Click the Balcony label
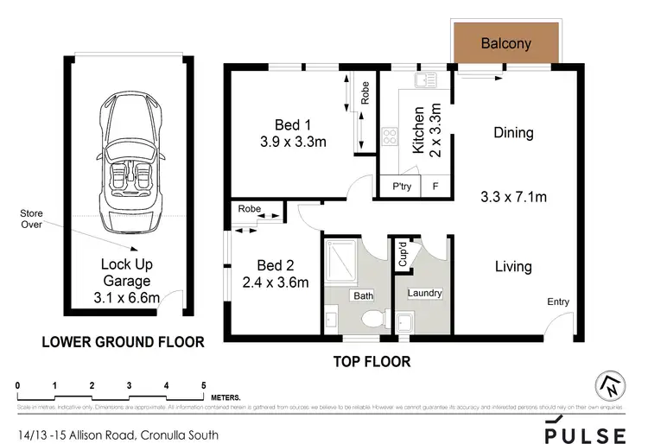[505, 43]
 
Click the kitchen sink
[423, 81]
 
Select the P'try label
[401, 187]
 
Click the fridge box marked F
[435, 187]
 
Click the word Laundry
[422, 294]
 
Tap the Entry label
[557, 301]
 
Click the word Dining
[513, 133]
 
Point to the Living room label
[512, 266]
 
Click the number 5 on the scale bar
[203, 384]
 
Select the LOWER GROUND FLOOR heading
[124, 342]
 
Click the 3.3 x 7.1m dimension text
[513, 197]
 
